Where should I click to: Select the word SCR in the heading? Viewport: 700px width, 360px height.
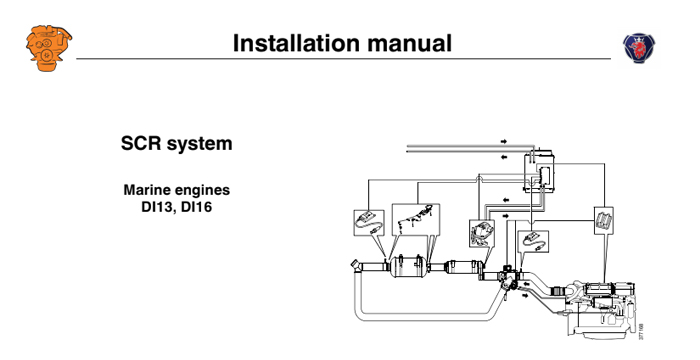pyautogui.click(x=141, y=144)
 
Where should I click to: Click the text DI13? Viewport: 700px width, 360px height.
pyautogui.click(x=157, y=207)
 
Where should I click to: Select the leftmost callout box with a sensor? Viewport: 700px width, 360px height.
pyautogui.click(x=368, y=222)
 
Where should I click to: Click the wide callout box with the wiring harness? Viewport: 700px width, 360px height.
pyautogui.click(x=414, y=218)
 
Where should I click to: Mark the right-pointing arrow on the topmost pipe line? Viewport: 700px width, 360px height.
pyautogui.click(x=503, y=141)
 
